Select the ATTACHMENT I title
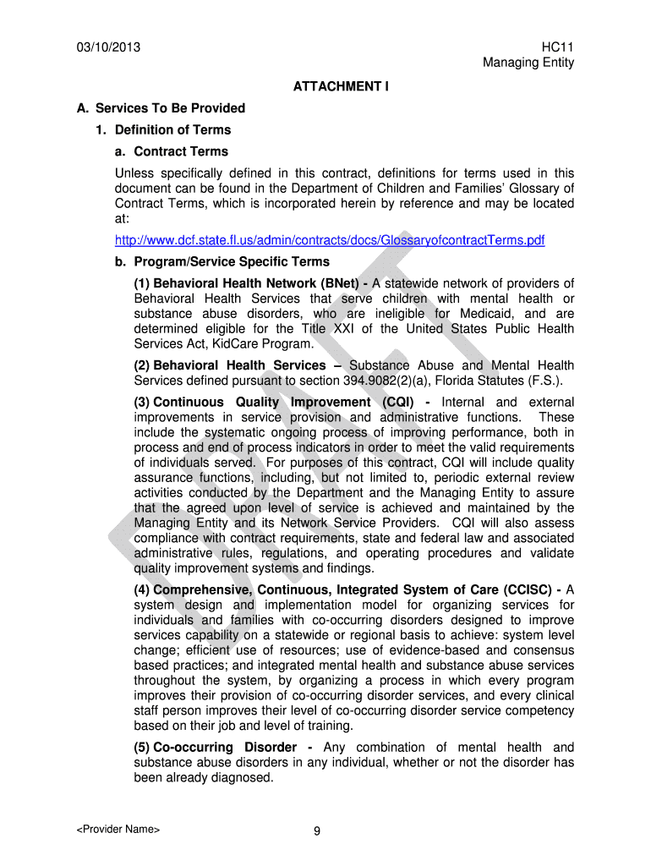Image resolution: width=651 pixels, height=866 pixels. point(341,86)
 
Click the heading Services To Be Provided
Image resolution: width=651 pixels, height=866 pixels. point(170,108)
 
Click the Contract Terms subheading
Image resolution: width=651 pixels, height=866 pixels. point(181,152)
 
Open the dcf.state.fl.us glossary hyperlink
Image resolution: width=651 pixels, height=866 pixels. point(330,241)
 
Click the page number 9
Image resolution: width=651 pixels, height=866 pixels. point(316,831)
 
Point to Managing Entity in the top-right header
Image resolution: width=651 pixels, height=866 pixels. point(528,63)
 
